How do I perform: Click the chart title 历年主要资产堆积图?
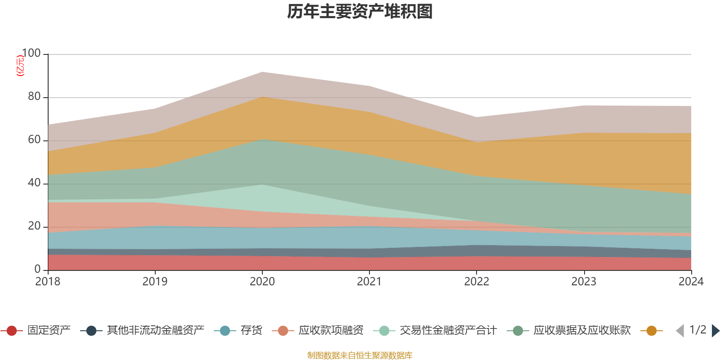click(x=360, y=12)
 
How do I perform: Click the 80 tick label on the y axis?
click(x=34, y=97)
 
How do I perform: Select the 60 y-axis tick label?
click(x=34, y=140)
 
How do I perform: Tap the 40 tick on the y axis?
click(x=34, y=183)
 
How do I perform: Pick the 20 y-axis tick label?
click(x=34, y=226)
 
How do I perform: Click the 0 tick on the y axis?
click(x=37, y=269)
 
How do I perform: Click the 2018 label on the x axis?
click(x=48, y=282)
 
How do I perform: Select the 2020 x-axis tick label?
click(x=262, y=282)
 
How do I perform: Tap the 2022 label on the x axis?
click(x=477, y=282)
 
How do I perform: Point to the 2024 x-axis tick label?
click(x=691, y=282)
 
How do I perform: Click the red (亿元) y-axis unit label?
click(x=20, y=66)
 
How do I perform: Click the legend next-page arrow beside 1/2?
click(x=715, y=331)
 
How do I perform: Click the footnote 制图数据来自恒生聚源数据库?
click(x=360, y=355)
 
